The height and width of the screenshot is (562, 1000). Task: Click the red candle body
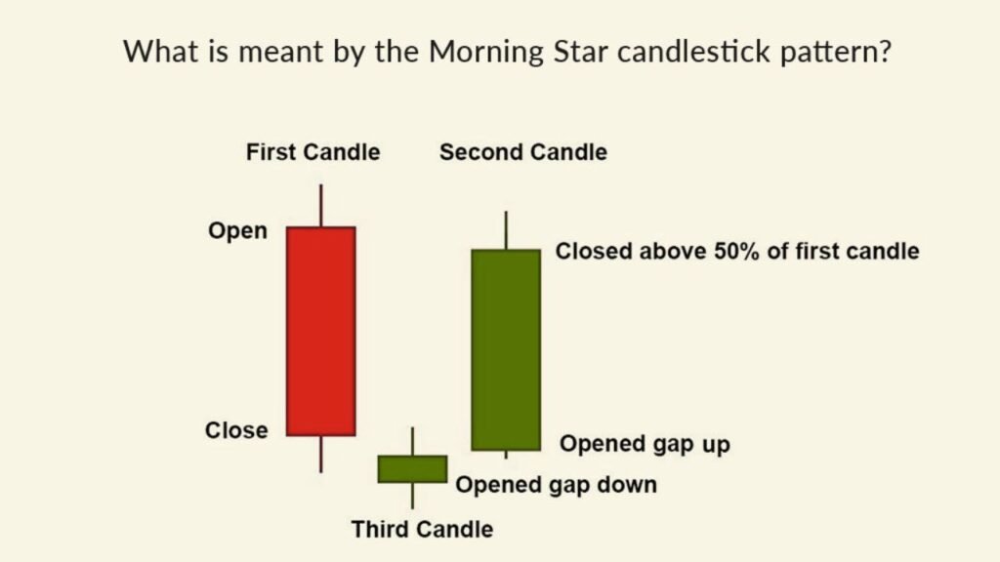320,331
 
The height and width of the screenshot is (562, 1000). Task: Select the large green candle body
506,349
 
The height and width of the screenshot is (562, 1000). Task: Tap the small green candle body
412,468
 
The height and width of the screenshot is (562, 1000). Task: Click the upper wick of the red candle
320,205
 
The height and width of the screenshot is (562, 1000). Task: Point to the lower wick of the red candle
320,454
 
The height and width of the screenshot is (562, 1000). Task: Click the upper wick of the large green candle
506,230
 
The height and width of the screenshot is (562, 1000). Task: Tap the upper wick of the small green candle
412,441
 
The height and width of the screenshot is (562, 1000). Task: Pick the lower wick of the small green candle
412,495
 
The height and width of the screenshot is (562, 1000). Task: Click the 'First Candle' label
312,152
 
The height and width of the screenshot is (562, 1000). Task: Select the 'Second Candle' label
522,152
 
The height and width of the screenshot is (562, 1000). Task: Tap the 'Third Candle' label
422,530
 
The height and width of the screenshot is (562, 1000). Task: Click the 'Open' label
237,231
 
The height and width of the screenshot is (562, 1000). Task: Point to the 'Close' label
236,429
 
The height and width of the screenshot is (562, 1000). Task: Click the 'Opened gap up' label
645,444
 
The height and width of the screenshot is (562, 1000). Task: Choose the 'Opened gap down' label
557,484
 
